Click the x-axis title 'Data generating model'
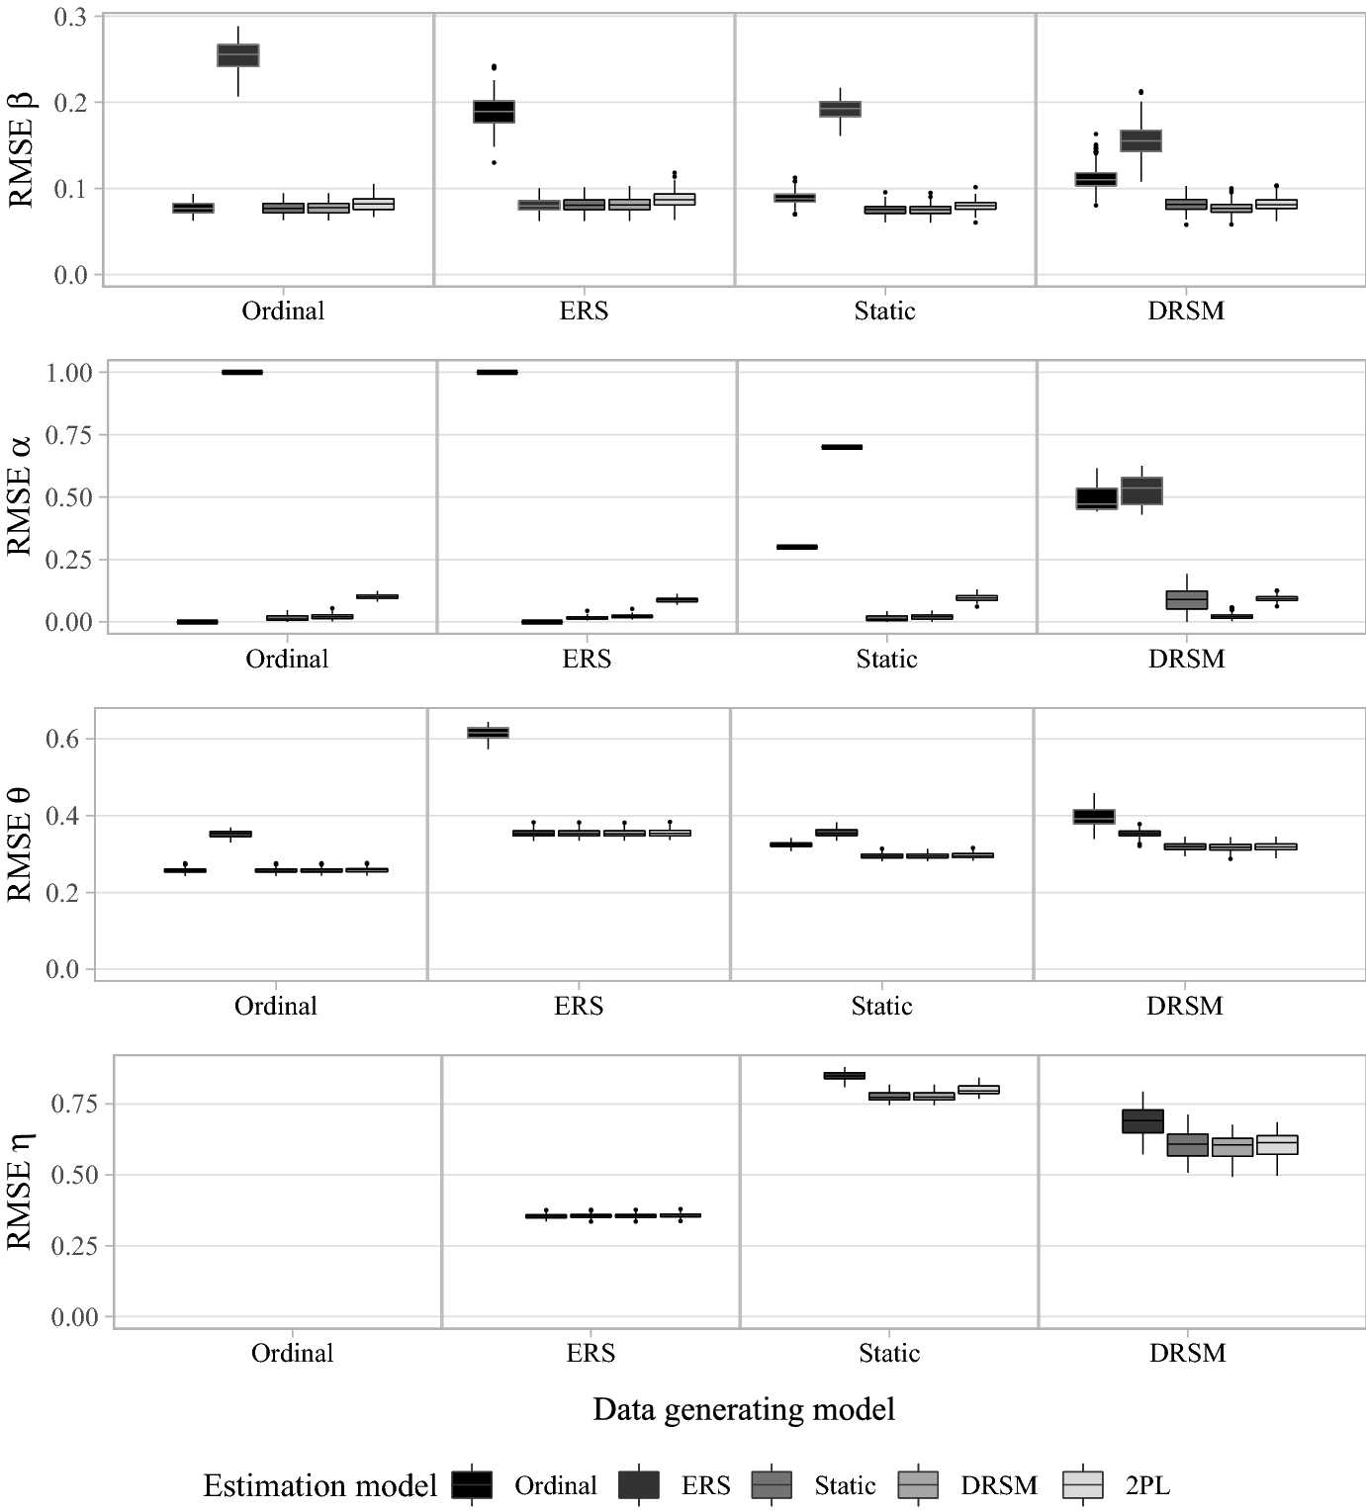coord(744,1409)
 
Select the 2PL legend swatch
coord(1083,1484)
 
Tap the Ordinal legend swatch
coord(472,1484)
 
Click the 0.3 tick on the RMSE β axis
coord(70,17)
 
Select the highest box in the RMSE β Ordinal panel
coord(238,55)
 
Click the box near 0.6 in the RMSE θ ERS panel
coord(489,732)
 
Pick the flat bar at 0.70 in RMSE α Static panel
coord(842,447)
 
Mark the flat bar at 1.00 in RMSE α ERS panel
coord(497,372)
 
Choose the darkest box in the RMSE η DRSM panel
coord(1143,1120)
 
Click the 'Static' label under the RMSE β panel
coord(884,311)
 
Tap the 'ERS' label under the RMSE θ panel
coord(579,1007)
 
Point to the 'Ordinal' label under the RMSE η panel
coord(293,1354)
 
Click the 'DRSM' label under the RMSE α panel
coord(1187,660)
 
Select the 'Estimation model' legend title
coord(320,1485)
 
